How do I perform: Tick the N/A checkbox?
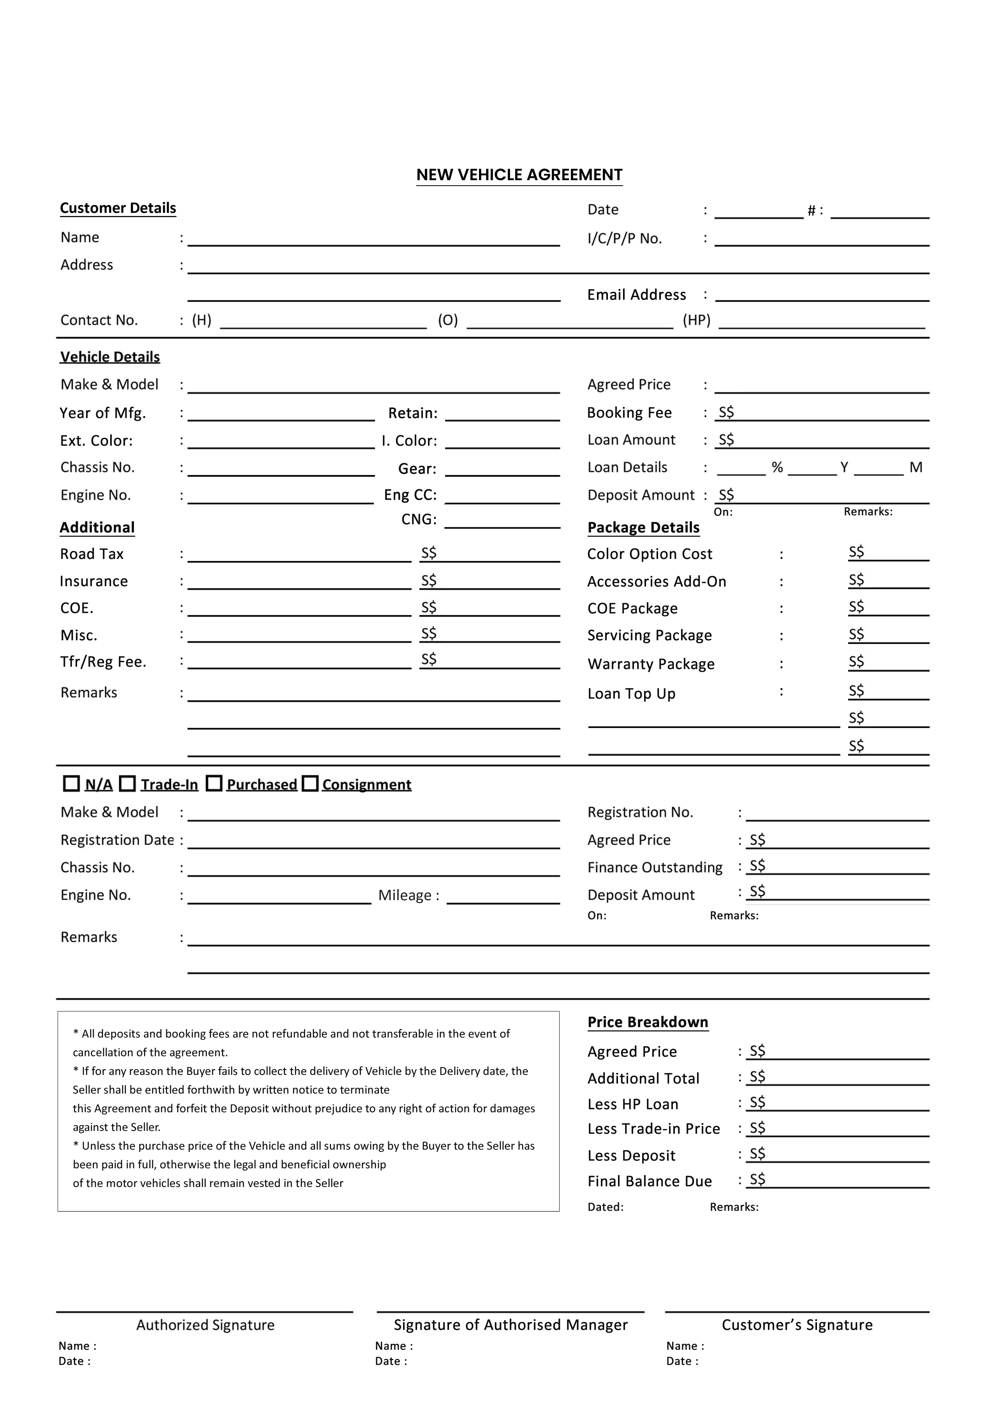click(x=72, y=783)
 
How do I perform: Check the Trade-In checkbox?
click(x=127, y=783)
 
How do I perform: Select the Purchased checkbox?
click(x=214, y=783)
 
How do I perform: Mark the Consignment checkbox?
click(x=311, y=783)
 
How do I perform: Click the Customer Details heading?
click(x=118, y=208)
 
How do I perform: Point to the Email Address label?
click(x=637, y=295)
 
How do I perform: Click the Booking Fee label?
click(x=629, y=413)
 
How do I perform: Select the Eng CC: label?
click(x=410, y=495)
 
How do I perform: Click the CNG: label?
click(x=419, y=520)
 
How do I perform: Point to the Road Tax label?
click(x=92, y=554)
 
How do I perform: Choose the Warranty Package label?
click(x=651, y=664)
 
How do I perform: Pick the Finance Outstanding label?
click(x=655, y=868)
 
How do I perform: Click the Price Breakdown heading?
click(x=648, y=1022)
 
